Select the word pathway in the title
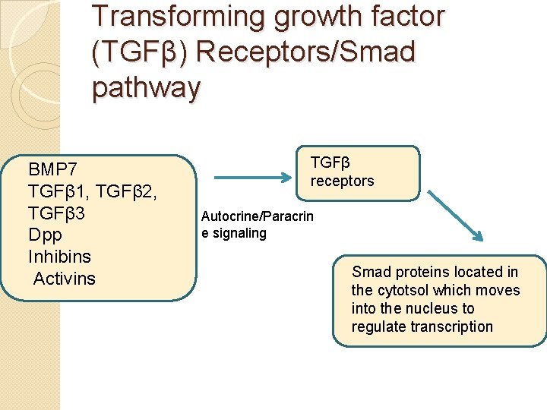click(146, 88)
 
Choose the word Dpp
click(44, 235)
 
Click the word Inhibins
click(59, 257)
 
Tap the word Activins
click(65, 279)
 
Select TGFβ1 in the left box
click(58, 191)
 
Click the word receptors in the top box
click(342, 181)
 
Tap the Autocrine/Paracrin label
click(257, 216)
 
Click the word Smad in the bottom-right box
click(369, 272)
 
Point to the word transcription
click(451, 327)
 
